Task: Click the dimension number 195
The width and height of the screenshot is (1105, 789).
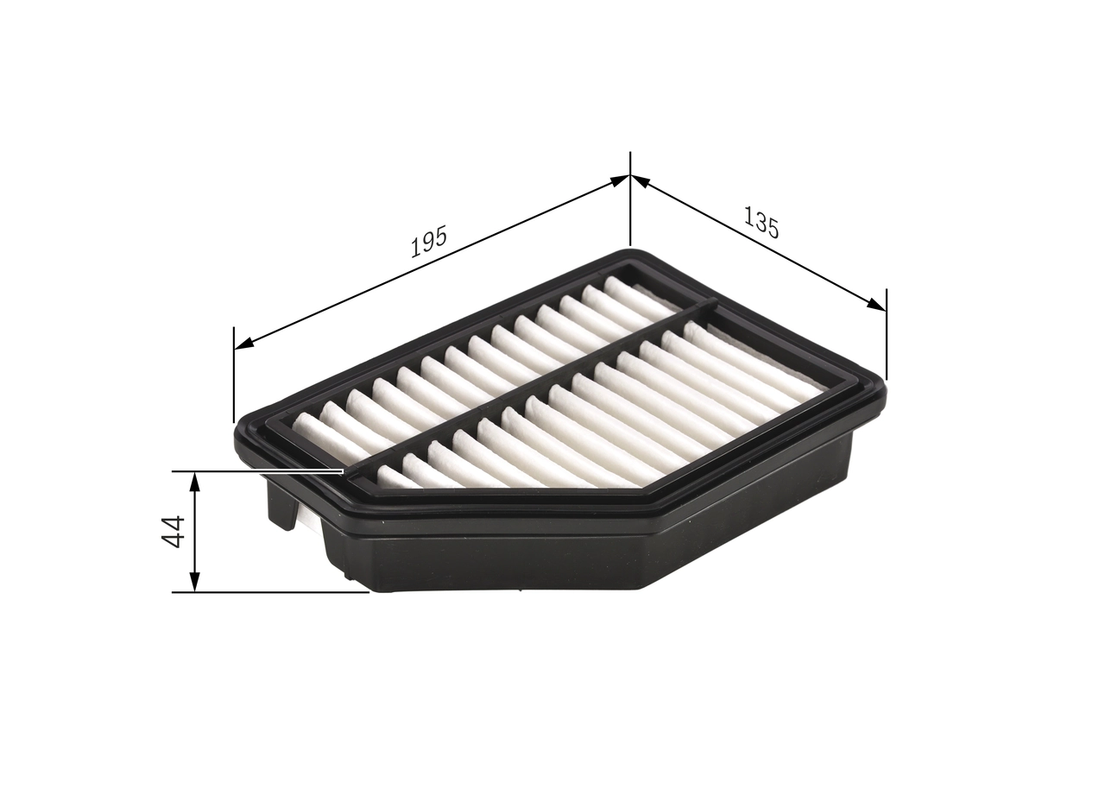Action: [x=428, y=242]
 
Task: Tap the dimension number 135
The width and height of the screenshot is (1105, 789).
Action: [x=761, y=223]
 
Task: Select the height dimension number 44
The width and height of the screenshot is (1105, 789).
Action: [x=174, y=531]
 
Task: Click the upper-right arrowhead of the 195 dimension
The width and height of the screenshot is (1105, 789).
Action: [x=619, y=180]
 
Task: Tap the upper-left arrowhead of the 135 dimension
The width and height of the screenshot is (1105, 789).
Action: [x=641, y=180]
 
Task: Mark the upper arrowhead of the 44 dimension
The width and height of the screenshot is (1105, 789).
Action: [x=195, y=481]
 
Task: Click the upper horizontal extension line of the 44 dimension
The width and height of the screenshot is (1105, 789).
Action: [x=259, y=471]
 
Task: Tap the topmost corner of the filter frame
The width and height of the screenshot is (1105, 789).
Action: [x=635, y=256]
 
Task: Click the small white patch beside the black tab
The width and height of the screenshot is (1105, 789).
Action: [x=305, y=518]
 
